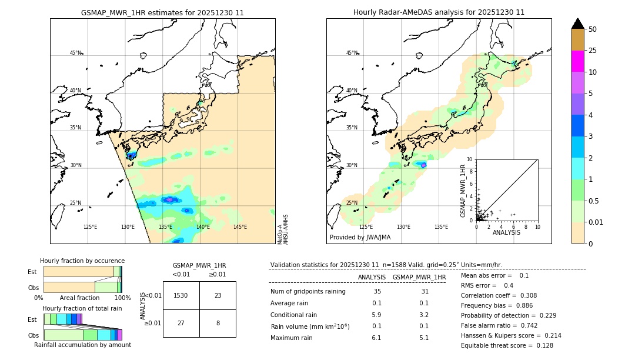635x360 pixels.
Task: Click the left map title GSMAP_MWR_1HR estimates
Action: pyautogui.click(x=162, y=12)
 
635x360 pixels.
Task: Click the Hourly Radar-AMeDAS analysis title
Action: pyautogui.click(x=439, y=12)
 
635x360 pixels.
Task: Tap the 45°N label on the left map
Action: pyautogui.click(x=75, y=53)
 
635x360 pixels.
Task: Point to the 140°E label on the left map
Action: pyautogui.click(x=202, y=227)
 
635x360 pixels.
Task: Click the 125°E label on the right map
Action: pyautogui.click(x=366, y=227)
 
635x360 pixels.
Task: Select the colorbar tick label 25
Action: pyautogui.click(x=593, y=51)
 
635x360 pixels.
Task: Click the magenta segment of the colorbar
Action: pyautogui.click(x=577, y=61)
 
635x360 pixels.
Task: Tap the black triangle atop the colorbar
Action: pyautogui.click(x=577, y=24)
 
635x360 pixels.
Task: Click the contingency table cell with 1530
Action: pyautogui.click(x=181, y=295)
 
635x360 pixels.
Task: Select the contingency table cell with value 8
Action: pyautogui.click(x=218, y=323)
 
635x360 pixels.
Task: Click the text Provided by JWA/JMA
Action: pyautogui.click(x=360, y=238)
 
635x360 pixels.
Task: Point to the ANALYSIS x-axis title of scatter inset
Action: pyautogui.click(x=506, y=232)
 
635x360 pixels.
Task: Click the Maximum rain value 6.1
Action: pyautogui.click(x=376, y=338)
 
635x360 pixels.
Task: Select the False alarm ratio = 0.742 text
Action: pyautogui.click(x=499, y=325)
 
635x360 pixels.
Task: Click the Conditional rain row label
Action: pyautogui.click(x=294, y=315)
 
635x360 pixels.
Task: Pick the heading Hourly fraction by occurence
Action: pyautogui.click(x=82, y=261)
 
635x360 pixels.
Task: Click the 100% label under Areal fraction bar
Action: pyautogui.click(x=122, y=298)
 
